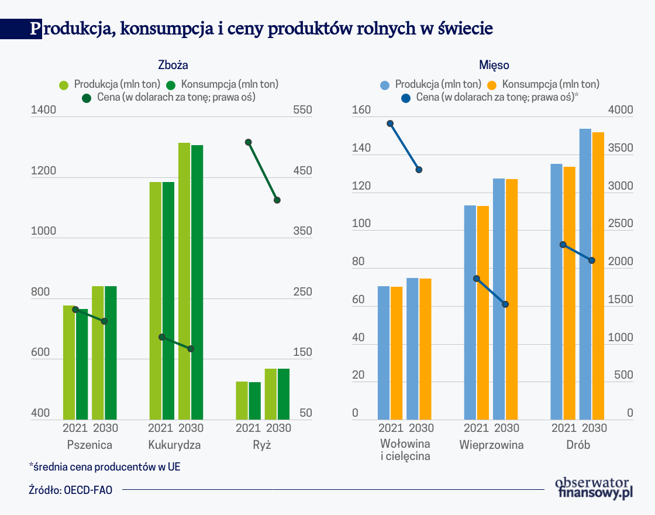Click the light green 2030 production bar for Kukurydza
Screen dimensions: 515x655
pos(184,281)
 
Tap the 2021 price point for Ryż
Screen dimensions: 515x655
pos(249,142)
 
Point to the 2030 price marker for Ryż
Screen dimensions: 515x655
pos(277,200)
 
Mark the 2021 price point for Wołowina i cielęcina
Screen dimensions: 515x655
pos(390,123)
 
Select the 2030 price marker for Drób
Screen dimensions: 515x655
pos(592,260)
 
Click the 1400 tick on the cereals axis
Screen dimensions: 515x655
pos(44,109)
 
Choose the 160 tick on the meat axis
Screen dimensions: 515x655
pos(363,109)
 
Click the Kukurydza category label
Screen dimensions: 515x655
pos(174,445)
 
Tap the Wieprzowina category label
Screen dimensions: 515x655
pos(491,445)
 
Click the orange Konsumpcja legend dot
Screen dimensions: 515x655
pos(493,84)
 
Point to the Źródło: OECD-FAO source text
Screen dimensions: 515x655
pos(70,490)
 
